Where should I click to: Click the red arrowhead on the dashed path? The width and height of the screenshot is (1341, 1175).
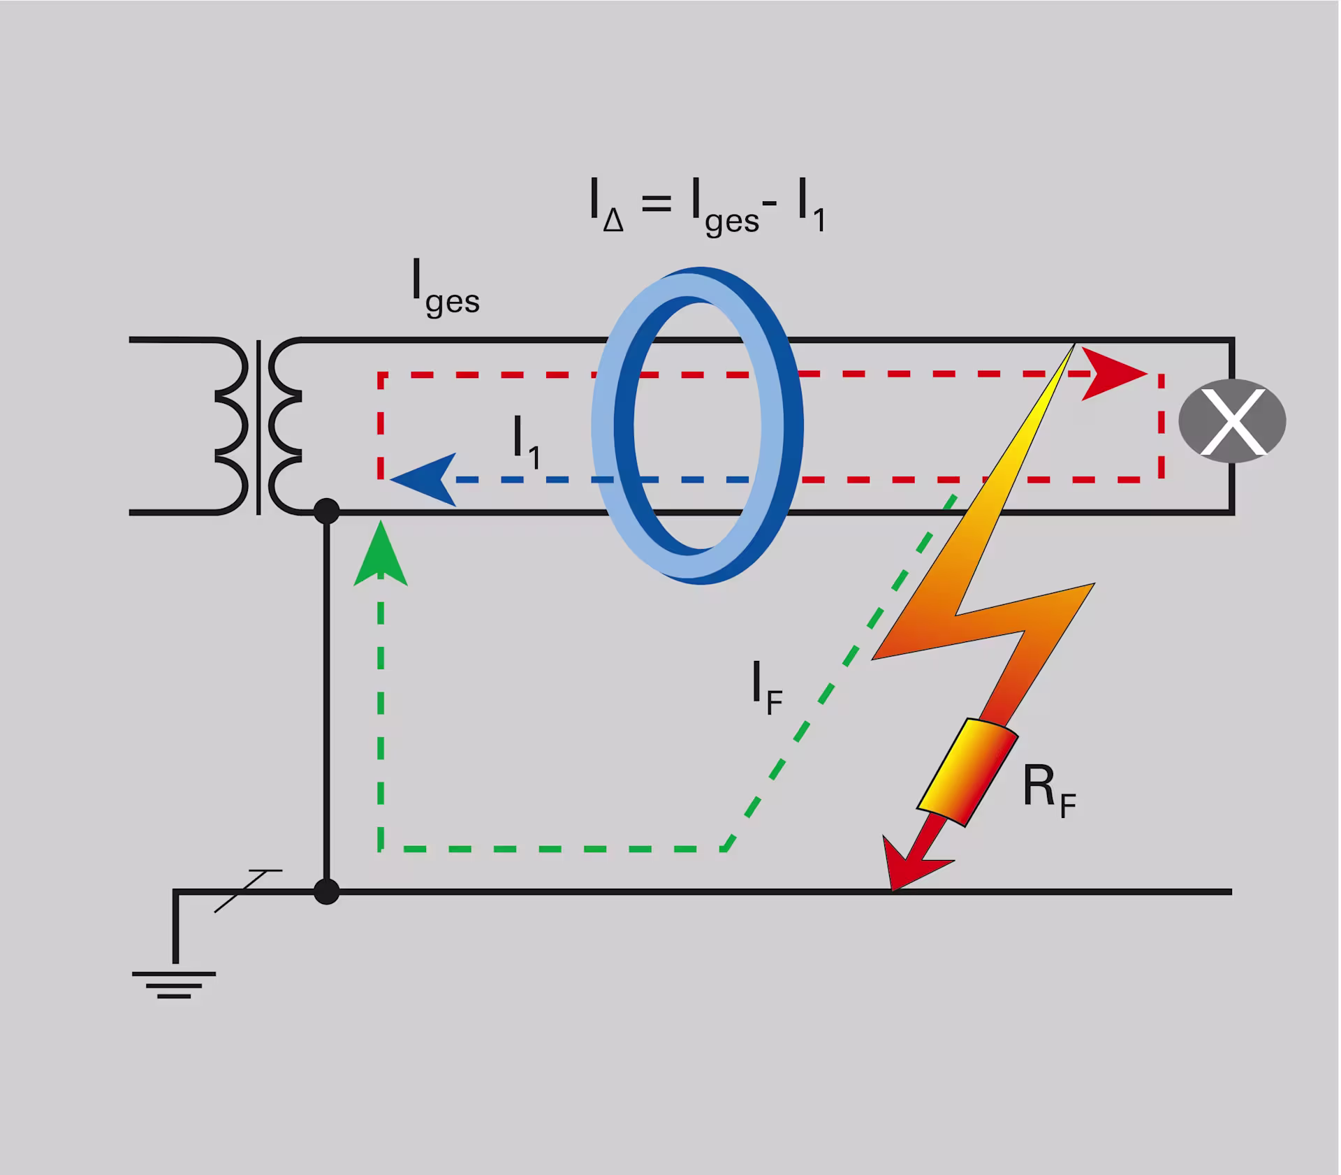coord(1112,374)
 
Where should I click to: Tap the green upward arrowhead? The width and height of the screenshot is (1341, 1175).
coord(381,555)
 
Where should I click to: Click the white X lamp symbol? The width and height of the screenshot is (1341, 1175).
coord(1232,421)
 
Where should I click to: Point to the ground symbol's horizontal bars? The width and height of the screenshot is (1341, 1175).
coord(174,985)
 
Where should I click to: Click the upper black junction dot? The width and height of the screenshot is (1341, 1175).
coord(326,512)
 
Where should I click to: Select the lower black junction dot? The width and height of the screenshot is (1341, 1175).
coord(326,892)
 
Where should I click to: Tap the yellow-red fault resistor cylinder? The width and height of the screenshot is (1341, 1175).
coord(967,772)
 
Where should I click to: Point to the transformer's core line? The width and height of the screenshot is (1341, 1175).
coord(259,427)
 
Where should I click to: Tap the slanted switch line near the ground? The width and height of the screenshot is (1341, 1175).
coord(248,891)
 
